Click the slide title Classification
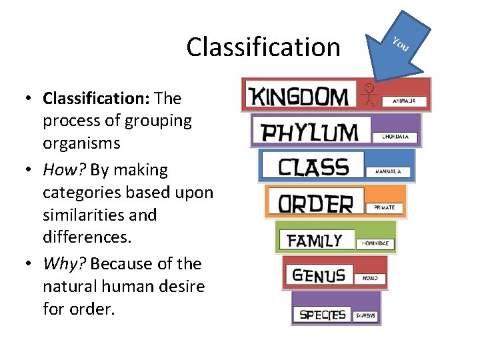point(263,47)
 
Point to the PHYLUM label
point(309,131)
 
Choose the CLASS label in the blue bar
point(313,166)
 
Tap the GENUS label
point(319,275)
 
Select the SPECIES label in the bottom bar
point(322,313)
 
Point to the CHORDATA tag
point(400,137)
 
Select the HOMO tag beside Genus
point(370,277)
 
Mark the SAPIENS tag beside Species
point(366,315)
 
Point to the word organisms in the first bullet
point(81,143)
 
